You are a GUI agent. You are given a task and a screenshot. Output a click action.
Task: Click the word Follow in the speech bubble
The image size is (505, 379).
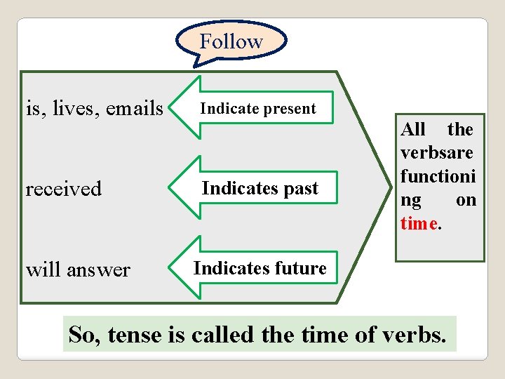(231, 41)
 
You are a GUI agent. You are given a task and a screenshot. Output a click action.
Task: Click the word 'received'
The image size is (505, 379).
(64, 189)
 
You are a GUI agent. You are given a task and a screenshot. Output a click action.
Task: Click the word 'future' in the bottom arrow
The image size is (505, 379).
(300, 268)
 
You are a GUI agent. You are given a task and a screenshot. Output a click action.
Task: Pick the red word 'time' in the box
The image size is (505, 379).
(419, 224)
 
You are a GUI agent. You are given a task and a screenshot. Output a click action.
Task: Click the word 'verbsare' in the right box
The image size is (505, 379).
(436, 152)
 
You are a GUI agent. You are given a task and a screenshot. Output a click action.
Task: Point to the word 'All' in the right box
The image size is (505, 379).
(413, 129)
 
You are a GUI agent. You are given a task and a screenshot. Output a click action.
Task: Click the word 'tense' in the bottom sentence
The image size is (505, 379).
(135, 335)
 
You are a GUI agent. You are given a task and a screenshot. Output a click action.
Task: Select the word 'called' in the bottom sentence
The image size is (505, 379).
(220, 335)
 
